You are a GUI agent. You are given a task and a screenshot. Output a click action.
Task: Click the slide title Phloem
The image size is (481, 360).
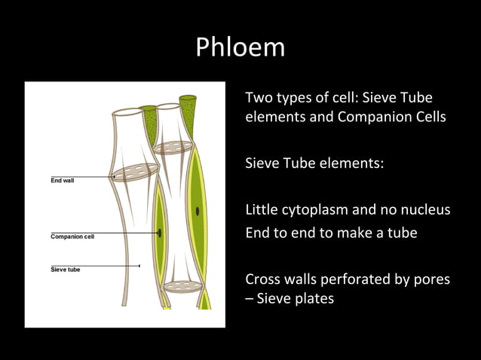[x=240, y=47]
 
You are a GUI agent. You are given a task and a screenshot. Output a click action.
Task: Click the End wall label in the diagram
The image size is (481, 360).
[x=62, y=182]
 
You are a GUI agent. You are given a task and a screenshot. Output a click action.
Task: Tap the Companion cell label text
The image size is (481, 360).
[x=72, y=236]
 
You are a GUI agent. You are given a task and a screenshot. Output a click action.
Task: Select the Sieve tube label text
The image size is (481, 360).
[x=66, y=269]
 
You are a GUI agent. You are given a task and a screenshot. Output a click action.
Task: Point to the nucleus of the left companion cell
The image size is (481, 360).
[x=160, y=233]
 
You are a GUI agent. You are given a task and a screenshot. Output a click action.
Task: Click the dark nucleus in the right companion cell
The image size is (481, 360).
[x=198, y=211]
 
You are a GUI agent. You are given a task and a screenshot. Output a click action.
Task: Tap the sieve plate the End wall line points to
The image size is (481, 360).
[x=136, y=172]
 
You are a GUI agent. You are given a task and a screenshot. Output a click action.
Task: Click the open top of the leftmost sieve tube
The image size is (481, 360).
[x=127, y=113]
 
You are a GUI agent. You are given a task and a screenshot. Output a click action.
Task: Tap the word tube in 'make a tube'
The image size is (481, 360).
[x=402, y=233]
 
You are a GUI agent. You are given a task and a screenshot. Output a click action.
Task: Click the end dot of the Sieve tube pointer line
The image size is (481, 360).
[x=139, y=265]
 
